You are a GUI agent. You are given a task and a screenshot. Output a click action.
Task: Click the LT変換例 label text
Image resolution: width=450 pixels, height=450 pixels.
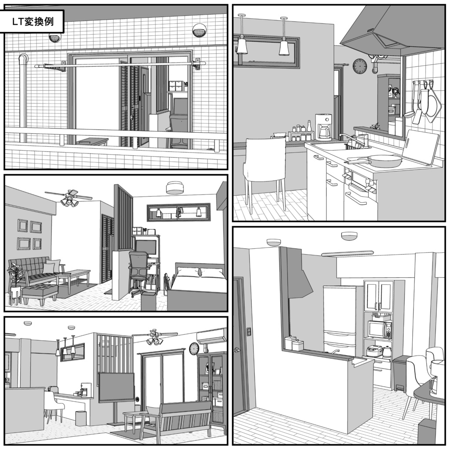pyautogui.click(x=33, y=22)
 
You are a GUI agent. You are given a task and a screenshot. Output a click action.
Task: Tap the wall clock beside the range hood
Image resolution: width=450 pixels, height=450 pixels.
pyautogui.click(x=359, y=66)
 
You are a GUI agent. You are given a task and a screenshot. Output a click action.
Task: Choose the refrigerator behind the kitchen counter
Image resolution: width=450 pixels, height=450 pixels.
pyautogui.click(x=340, y=319)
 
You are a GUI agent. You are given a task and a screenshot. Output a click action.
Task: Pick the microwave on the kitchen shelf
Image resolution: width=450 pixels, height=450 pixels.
pyautogui.click(x=380, y=330)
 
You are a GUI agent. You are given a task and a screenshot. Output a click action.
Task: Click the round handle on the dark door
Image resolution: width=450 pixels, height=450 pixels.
pyautogui.click(x=237, y=350)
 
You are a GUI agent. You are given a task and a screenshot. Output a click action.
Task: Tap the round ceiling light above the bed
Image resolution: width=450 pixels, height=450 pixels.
pyautogui.click(x=174, y=188)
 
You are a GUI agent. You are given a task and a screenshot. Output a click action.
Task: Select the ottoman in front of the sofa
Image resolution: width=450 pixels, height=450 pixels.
pyautogui.click(x=40, y=294)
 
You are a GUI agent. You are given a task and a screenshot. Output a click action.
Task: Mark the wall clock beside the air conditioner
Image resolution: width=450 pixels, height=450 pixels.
pyautogui.click(x=194, y=348)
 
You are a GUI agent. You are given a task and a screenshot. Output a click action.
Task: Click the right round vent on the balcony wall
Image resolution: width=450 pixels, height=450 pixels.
pyautogui.click(x=199, y=30)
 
